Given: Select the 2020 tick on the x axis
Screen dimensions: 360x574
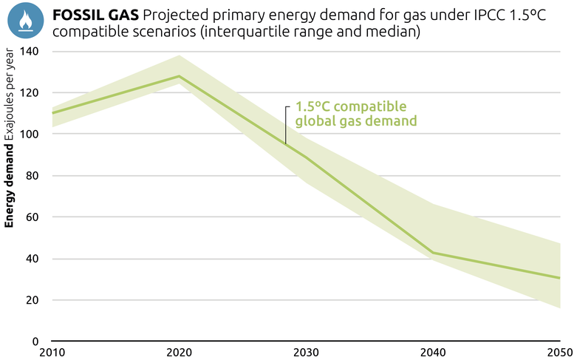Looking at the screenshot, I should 179,352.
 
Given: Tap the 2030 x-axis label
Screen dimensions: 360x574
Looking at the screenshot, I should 306,352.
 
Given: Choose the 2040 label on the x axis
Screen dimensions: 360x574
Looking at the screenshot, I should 432,352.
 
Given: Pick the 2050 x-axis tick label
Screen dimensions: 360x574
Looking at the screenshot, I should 560,352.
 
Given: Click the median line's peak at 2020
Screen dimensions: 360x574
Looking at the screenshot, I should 179,76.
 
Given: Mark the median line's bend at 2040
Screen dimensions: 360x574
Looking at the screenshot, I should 432,253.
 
